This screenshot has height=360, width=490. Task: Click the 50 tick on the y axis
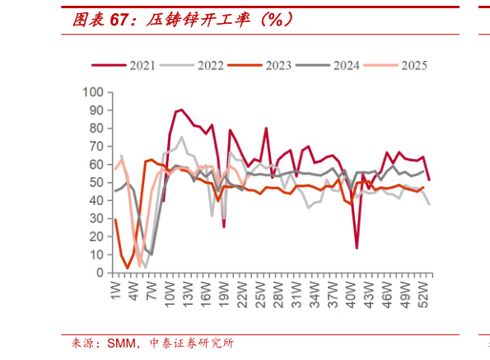(97, 182)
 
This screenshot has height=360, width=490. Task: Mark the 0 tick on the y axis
(101, 273)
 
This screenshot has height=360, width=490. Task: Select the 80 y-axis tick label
(97, 128)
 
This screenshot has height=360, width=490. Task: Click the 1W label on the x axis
(116, 290)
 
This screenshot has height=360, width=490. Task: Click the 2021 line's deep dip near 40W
(357, 247)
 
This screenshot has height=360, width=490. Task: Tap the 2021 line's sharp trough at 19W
(224, 227)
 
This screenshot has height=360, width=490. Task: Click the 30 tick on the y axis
(97, 218)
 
